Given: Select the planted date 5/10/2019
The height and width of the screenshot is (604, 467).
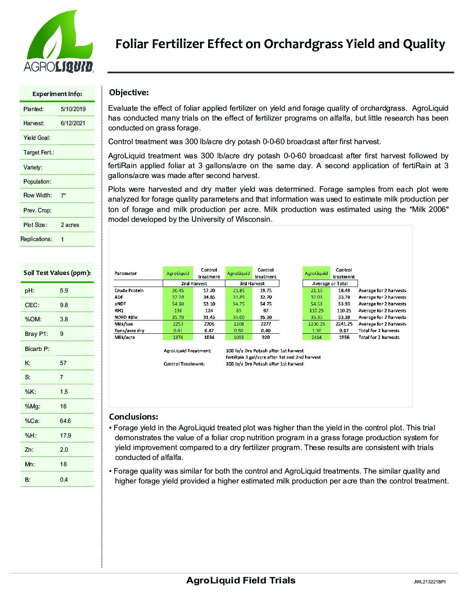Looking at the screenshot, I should click(73, 109).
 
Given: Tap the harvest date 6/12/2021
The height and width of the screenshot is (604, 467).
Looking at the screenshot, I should click(73, 123).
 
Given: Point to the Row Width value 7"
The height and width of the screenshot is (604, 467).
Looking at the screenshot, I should click(64, 196).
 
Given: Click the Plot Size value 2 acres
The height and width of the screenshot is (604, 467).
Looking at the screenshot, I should click(70, 225).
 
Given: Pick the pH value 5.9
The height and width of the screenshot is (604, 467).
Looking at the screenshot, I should click(64, 290).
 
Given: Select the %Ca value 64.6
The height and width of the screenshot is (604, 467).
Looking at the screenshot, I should click(66, 421).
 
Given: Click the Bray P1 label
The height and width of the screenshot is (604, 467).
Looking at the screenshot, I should click(36, 334).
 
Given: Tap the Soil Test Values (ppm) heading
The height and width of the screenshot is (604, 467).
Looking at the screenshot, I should click(57, 273).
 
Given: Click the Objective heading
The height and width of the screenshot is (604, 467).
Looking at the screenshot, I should click(129, 92).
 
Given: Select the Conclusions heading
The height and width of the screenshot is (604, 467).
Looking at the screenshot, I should click(133, 417).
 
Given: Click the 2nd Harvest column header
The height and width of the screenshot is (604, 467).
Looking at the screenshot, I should click(194, 284).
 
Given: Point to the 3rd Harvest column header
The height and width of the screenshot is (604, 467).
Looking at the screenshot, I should click(252, 284).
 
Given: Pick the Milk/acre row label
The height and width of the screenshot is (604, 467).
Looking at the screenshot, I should click(125, 337).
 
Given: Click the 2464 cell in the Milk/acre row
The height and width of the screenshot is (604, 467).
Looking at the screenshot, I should click(316, 337).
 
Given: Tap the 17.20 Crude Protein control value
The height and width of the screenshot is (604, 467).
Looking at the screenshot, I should click(209, 290).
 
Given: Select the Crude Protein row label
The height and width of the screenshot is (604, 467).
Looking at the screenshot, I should click(129, 290).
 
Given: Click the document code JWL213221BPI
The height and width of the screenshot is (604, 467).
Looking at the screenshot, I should click(429, 582).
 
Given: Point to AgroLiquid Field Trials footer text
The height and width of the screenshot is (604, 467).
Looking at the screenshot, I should click(241, 580).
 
